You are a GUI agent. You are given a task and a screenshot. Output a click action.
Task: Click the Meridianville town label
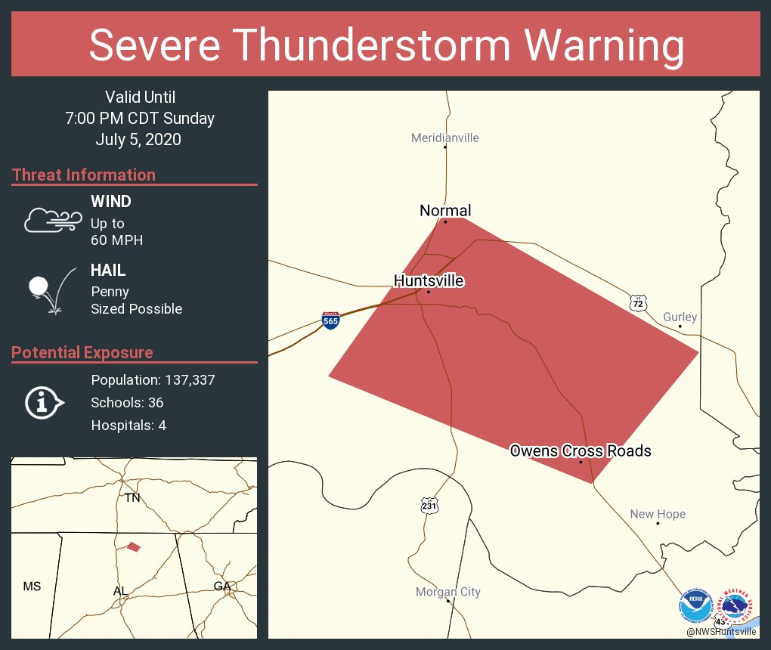pos(444,138)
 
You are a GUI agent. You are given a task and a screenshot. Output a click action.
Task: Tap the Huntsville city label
pos(429,281)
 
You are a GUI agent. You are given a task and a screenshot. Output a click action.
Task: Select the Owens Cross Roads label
pos(580,451)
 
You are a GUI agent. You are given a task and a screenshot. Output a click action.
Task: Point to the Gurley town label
pos(680,317)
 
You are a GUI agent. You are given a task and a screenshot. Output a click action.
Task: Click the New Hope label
pos(658,514)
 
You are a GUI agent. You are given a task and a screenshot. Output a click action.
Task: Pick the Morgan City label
pos(447,592)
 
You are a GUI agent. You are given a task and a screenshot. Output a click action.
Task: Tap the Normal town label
pos(445,211)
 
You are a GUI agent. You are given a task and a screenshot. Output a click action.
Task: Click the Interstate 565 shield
pos(330,320)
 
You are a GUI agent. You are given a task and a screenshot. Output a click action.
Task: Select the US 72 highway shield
pos(639,303)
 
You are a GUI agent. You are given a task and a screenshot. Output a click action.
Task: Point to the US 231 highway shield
pos(429,506)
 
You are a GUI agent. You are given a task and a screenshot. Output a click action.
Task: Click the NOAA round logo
pos(695,605)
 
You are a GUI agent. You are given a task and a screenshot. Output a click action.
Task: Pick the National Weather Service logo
pos(737,605)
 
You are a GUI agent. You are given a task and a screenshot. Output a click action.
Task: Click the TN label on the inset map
pos(132,497)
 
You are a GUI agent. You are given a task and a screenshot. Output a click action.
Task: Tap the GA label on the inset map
pos(221,586)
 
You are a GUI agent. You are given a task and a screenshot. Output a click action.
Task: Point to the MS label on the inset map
pos(32,586)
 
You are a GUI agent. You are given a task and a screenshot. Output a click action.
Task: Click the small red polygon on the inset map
pos(133,546)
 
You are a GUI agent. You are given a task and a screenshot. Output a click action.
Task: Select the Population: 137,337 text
pos(153,379)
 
